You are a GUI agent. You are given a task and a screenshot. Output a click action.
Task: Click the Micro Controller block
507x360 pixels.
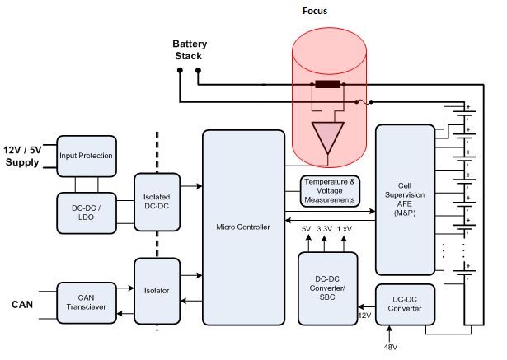pyautogui.click(x=242, y=227)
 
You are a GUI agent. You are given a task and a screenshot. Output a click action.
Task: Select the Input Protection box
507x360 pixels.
pyautogui.click(x=86, y=156)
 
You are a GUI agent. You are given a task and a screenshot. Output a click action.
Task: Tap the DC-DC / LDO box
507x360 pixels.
pyautogui.click(x=86, y=211)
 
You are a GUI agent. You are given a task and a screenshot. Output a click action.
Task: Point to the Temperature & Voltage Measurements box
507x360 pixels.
pyautogui.click(x=329, y=190)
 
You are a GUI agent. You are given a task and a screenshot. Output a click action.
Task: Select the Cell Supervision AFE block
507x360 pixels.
pyautogui.click(x=404, y=199)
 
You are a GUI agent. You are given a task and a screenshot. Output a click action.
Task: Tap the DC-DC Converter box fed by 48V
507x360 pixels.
pyautogui.click(x=404, y=304)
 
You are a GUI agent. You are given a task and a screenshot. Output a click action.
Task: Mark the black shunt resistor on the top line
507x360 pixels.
pyautogui.click(x=329, y=85)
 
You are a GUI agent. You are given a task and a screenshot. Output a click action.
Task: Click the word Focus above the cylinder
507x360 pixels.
pyautogui.click(x=328, y=12)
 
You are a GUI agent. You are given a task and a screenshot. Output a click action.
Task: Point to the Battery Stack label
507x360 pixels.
pyautogui.click(x=189, y=50)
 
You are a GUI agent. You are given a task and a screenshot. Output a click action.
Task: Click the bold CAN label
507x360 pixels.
pyautogui.click(x=22, y=305)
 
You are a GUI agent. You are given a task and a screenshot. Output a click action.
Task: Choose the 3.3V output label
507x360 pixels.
pyautogui.click(x=325, y=230)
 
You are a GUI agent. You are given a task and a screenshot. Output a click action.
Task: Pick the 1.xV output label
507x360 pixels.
pyautogui.click(x=345, y=230)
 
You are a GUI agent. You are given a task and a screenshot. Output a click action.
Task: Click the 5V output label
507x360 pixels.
pyautogui.click(x=306, y=230)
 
